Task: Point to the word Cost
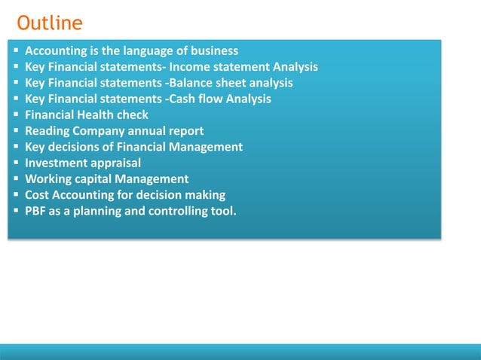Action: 38,195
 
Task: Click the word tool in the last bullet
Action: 220,211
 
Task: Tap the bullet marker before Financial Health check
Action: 16,115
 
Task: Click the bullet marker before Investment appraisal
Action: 16,163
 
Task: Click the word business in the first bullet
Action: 214,51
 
